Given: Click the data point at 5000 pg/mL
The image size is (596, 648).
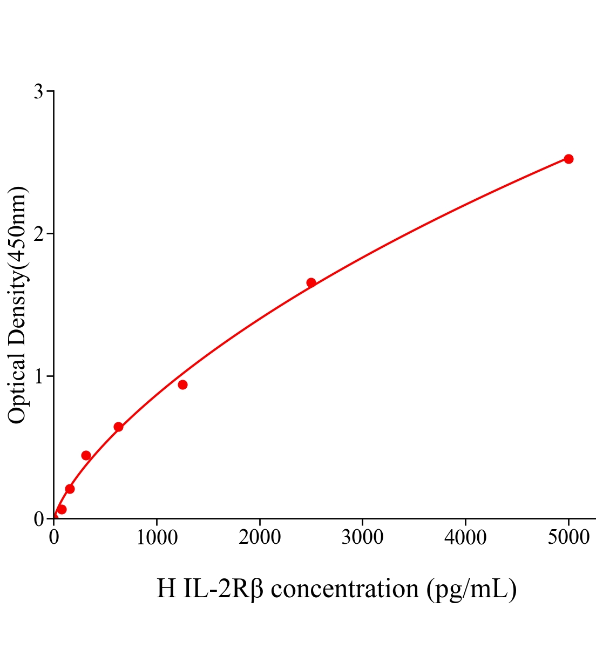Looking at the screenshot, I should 568,159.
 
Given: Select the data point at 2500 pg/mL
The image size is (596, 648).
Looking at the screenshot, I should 311,282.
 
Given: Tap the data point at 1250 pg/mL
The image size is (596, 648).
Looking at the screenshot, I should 182,384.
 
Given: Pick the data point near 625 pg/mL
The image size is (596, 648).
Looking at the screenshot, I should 118,427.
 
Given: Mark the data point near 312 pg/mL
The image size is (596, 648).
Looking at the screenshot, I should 86,455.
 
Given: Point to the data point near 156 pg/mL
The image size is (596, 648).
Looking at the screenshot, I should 70,489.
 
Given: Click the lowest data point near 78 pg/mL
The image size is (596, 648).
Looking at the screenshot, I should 62,509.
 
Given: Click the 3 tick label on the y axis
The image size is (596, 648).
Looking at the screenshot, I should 38,92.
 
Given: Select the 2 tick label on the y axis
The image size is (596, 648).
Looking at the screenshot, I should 38,234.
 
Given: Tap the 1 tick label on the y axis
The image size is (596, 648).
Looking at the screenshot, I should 38,376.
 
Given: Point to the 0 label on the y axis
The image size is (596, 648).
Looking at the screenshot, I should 38,519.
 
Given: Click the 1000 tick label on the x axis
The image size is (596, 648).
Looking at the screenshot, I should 157,538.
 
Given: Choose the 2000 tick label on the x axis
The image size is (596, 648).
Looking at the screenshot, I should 260,538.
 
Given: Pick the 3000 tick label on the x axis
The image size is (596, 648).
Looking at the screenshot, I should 362,538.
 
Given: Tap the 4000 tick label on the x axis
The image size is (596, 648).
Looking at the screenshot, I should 465,538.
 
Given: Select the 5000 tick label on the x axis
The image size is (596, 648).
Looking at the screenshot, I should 568,538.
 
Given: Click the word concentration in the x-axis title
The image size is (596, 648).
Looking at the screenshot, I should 344,589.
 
